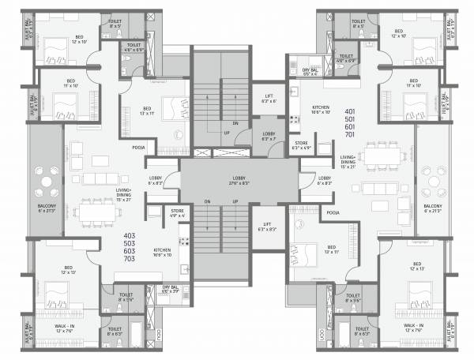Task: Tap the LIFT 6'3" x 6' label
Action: (269, 99)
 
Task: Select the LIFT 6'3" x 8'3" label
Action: (269, 227)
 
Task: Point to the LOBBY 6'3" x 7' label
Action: (269, 137)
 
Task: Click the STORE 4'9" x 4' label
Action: (178, 212)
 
